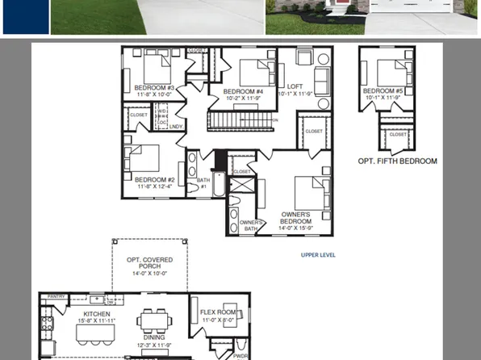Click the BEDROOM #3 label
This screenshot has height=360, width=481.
pyautogui.click(x=154, y=87)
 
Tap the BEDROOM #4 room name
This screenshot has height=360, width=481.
pyautogui.click(x=243, y=91)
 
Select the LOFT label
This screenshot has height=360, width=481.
pyautogui.click(x=295, y=86)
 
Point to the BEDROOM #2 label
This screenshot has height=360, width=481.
pyautogui.click(x=155, y=180)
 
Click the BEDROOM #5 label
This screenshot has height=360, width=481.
pyautogui.click(x=383, y=91)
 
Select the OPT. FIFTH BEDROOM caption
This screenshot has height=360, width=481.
pyautogui.click(x=397, y=161)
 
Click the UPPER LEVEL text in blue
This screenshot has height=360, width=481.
pyautogui.click(x=318, y=255)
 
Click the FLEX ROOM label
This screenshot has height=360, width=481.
pyautogui.click(x=218, y=312)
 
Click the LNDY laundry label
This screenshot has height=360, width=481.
pyautogui.click(x=176, y=127)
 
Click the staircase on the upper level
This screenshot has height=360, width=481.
pyautogui.click(x=241, y=121)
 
